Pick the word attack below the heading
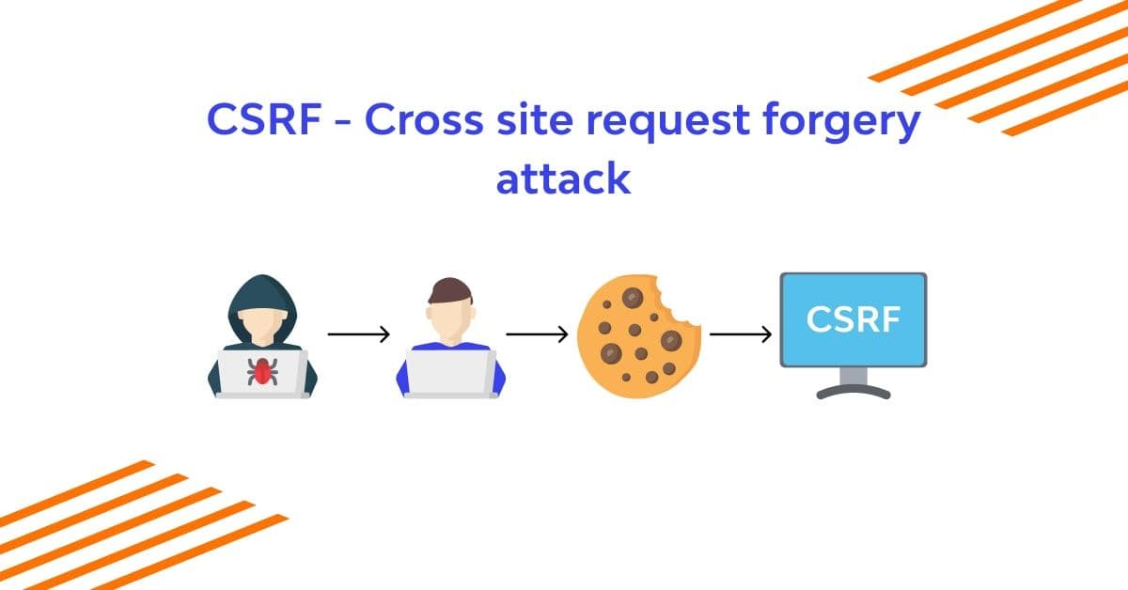pos(563,179)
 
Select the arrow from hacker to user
pos(358,334)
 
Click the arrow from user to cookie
pos(537,334)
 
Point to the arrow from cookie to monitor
pos(741,334)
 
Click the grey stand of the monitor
pos(854,380)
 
